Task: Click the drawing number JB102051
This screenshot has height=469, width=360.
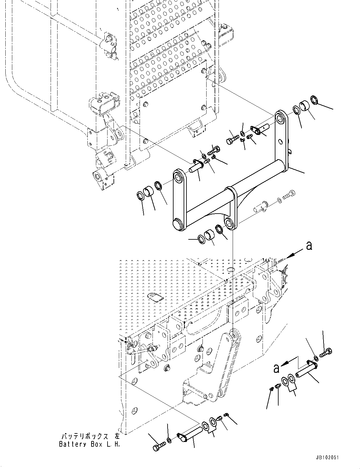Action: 326,458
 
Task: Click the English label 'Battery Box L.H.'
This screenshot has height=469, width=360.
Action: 89,444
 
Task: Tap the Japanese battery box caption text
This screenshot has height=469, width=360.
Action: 89,437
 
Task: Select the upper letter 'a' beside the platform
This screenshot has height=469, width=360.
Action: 309,246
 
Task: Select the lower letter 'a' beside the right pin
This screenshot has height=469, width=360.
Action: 276,368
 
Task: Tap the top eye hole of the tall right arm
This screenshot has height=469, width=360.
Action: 280,118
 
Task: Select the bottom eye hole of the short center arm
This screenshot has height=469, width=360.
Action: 230,222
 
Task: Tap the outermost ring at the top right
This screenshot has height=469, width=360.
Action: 315,100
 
